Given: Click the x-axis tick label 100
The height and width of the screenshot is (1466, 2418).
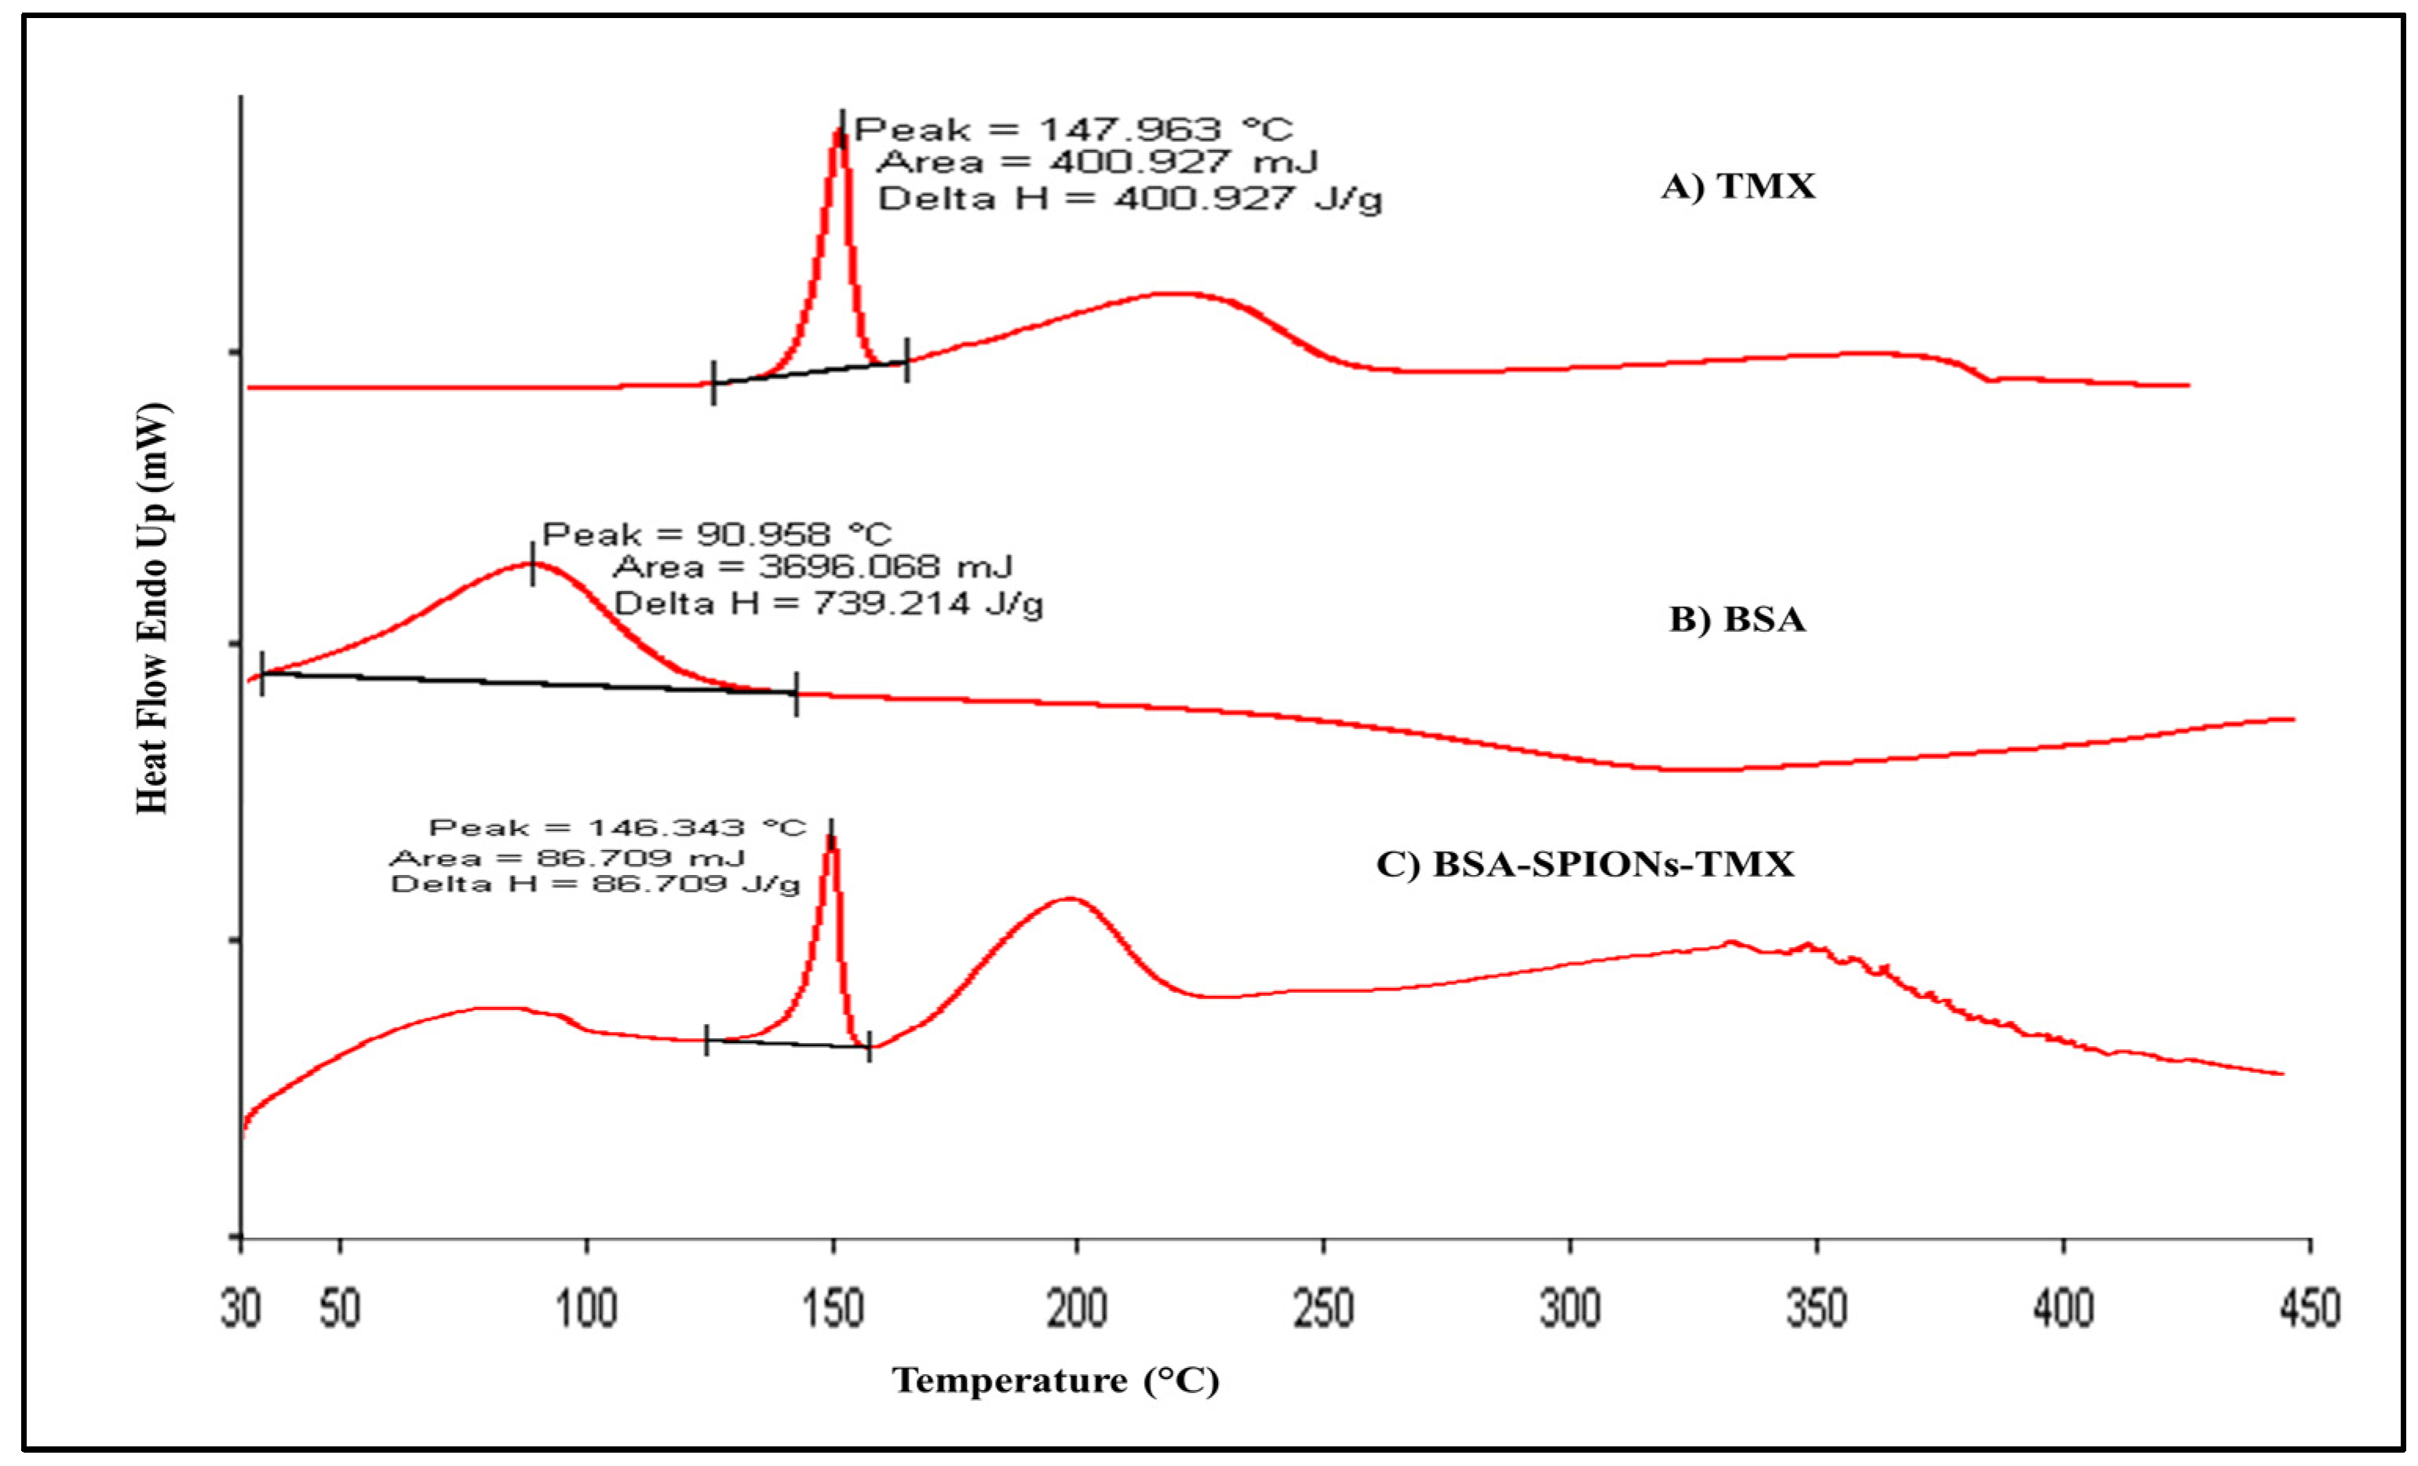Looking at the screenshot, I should point(587,1308).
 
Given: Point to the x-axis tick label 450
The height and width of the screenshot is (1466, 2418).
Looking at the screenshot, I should point(2309,1308).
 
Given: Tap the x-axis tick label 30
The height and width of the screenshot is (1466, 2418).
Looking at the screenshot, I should point(242,1308).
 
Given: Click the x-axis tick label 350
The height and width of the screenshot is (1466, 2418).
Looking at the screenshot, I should point(1817,1308).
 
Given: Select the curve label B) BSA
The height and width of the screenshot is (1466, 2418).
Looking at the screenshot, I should point(1738,619).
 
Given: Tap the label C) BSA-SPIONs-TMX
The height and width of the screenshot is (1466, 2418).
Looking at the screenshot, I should point(1585,863).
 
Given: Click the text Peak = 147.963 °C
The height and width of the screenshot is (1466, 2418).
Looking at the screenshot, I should point(1074,129).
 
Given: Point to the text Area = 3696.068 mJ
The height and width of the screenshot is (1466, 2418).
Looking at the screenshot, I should point(812,567).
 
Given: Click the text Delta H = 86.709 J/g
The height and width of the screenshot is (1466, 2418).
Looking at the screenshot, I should point(596,884).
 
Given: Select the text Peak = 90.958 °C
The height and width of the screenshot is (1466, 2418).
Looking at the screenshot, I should point(717,534).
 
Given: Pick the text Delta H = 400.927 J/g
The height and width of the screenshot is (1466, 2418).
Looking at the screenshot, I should point(1129,199).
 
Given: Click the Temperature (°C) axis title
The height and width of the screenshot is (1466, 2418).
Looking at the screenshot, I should point(1056,1380).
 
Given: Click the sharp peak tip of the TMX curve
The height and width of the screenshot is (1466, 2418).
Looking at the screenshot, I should point(838,133).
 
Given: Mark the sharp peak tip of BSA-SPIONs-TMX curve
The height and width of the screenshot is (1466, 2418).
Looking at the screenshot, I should point(831,838).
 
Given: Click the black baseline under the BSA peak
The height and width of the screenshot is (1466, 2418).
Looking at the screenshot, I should point(530,682).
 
